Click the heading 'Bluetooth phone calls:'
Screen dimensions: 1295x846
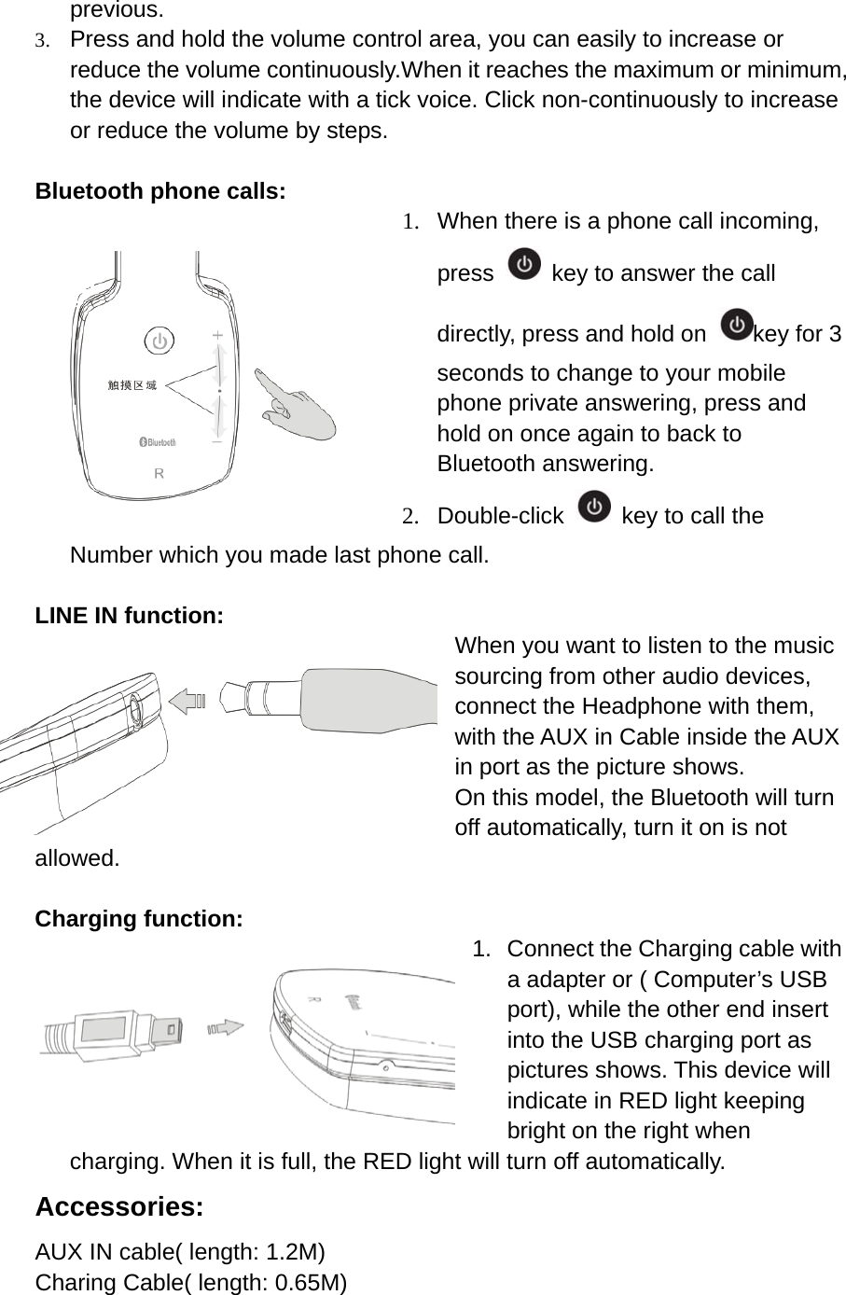159,191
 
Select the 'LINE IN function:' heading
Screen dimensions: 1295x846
129,616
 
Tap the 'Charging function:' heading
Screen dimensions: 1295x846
139,919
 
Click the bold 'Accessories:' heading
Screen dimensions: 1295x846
119,1206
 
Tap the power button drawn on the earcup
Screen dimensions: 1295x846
159,341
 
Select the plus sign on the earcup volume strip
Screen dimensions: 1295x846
218,334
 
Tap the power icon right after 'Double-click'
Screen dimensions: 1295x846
594,508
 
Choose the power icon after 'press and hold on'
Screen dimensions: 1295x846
738,326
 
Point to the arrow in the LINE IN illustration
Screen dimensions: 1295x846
190,700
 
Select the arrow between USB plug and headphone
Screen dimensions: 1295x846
227,1028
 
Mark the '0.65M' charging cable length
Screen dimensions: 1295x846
305,1283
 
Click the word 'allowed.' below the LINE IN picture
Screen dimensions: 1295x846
77,858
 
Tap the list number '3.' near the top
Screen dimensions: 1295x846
42,41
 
